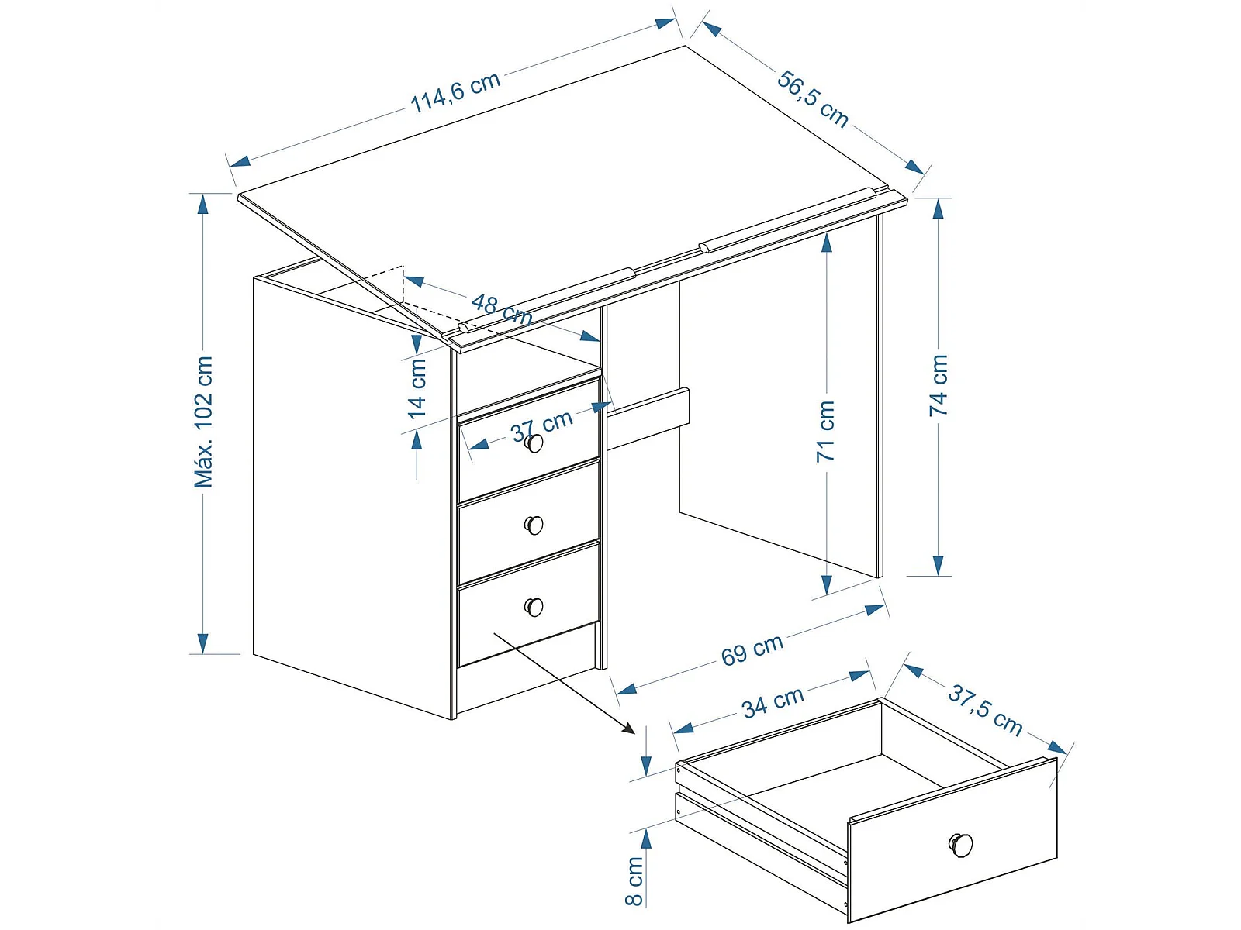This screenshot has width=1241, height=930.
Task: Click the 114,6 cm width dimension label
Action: click(x=455, y=92)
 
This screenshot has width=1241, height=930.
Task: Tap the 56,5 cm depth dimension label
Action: click(x=813, y=98)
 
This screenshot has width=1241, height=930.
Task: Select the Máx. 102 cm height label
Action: click(x=204, y=422)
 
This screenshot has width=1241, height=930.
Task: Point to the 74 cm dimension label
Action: click(x=939, y=385)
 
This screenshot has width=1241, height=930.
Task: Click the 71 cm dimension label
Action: click(x=826, y=431)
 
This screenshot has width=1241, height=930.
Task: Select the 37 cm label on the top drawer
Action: click(x=542, y=425)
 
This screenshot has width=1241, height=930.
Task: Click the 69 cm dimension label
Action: click(x=752, y=649)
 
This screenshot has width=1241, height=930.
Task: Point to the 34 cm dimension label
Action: click(x=772, y=701)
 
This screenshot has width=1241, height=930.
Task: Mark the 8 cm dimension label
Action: click(x=634, y=880)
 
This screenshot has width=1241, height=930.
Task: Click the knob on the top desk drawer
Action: click(x=534, y=443)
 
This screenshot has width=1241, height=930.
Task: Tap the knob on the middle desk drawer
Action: click(x=534, y=525)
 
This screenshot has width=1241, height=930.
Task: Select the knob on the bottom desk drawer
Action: click(x=534, y=607)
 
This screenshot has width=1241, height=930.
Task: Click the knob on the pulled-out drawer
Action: click(x=962, y=844)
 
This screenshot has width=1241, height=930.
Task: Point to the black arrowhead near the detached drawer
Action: click(x=627, y=728)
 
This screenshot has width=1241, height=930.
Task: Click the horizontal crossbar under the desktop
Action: click(x=647, y=418)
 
